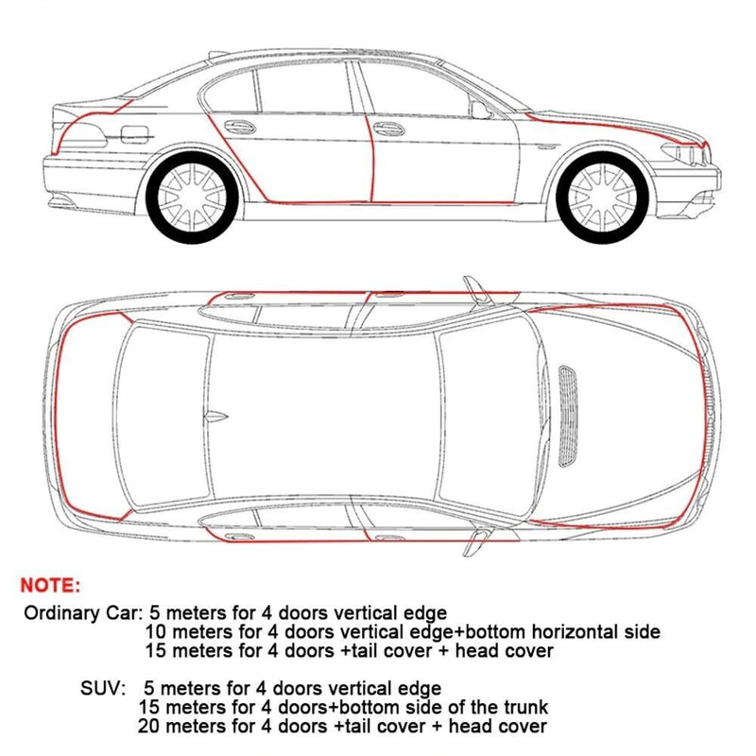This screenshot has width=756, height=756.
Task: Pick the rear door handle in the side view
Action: (x=240, y=127)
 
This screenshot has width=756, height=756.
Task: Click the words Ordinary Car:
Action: (x=79, y=611)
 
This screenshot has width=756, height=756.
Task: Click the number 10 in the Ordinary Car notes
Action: (x=156, y=631)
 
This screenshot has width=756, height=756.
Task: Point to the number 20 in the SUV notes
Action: (x=148, y=726)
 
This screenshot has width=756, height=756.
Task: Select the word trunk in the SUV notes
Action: (x=524, y=707)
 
